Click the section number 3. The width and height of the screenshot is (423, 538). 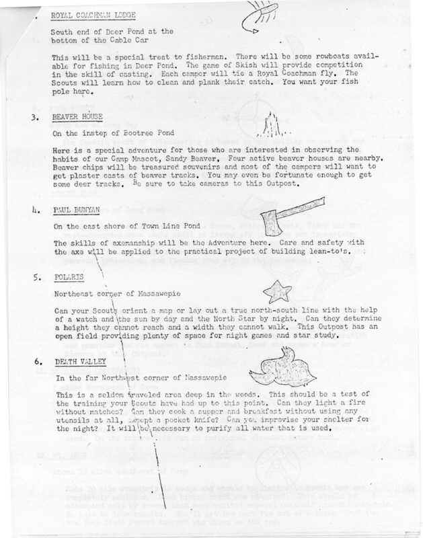(34, 117)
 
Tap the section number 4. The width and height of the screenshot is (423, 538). (34, 210)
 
